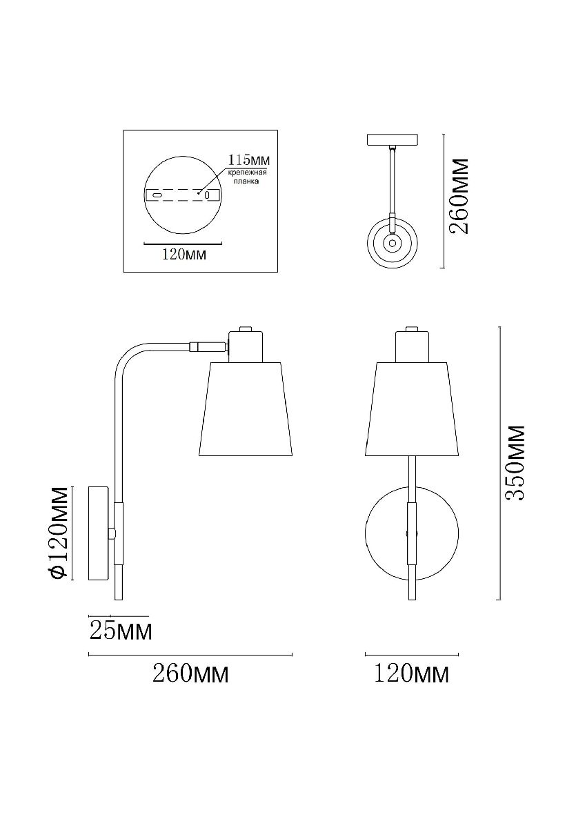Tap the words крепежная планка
(247, 178)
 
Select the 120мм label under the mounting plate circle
(184, 255)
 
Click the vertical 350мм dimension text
(515, 463)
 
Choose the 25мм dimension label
(121, 630)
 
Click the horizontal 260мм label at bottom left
(190, 673)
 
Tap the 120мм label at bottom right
(411, 673)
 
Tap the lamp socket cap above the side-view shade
(245, 344)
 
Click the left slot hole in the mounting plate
(158, 195)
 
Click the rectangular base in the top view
(393, 139)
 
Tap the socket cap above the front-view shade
(412, 345)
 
